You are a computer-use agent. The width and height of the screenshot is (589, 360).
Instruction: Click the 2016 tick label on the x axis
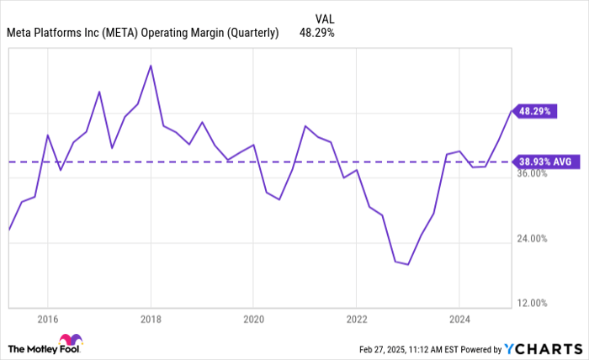point(47,320)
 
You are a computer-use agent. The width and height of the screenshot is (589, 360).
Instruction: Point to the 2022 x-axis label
point(356,320)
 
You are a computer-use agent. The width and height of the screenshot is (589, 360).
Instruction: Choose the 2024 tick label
point(459,320)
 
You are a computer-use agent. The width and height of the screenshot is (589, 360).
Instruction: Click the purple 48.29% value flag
point(535,110)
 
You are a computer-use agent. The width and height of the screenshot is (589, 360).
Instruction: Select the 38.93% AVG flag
point(545,161)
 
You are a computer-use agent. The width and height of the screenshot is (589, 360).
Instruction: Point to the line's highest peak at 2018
point(150,66)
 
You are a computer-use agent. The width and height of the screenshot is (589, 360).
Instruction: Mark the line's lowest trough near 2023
point(408,264)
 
